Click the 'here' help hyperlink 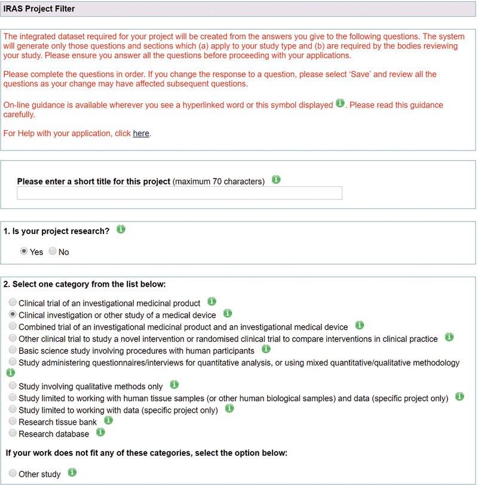(141, 133)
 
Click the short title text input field (179, 193)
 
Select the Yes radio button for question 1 (24, 251)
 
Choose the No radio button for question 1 (53, 251)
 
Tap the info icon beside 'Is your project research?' (121, 229)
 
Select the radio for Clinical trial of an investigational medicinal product (13, 303)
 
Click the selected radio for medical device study (13, 314)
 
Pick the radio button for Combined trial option (13, 326)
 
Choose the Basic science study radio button (13, 350)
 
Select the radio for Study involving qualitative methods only (13, 386)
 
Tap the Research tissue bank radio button (13, 422)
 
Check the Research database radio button (13, 434)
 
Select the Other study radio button (13, 474)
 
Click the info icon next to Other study (72, 472)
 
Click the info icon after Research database (100, 432)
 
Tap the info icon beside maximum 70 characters (276, 179)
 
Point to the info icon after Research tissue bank (108, 420)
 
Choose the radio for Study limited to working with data (13, 410)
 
